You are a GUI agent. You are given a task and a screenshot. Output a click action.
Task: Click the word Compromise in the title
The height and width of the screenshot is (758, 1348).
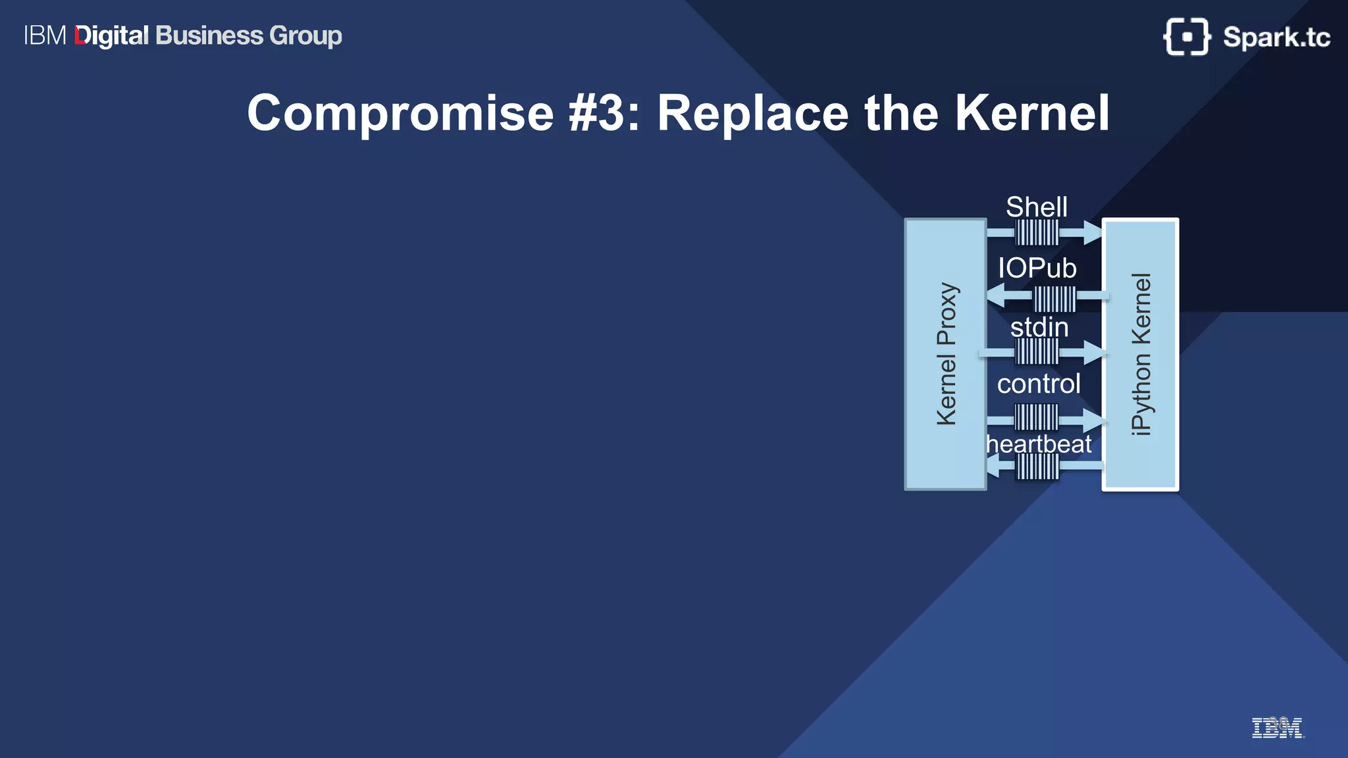400,113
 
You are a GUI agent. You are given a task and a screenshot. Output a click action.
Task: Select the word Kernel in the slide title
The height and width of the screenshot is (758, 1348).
1032,113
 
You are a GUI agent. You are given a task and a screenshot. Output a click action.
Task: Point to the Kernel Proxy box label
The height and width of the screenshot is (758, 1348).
946,354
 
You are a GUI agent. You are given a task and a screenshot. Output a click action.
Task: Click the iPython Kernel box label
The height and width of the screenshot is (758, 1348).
1141,354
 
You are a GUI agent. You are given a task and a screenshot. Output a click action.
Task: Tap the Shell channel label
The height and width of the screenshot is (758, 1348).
1037,207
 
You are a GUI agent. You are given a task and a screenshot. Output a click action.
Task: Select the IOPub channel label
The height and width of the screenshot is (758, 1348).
1037,268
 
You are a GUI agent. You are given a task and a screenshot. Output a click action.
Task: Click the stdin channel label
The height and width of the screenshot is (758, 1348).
1039,327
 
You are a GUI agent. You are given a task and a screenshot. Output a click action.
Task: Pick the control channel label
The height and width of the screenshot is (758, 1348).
1039,384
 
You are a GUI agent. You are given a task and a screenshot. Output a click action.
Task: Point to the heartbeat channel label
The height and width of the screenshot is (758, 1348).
1039,444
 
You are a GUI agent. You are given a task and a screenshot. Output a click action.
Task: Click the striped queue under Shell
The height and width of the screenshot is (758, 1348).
1037,232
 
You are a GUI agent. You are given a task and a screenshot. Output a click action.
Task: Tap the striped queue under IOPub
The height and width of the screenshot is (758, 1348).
1054,299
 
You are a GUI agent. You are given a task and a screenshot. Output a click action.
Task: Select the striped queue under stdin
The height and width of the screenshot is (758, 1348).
1037,351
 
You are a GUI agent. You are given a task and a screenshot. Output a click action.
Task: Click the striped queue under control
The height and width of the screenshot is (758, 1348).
1037,417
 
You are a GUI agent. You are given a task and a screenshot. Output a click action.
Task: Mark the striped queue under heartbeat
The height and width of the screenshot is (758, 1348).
1037,467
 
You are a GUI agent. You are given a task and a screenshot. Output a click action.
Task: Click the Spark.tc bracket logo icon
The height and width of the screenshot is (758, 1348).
1187,37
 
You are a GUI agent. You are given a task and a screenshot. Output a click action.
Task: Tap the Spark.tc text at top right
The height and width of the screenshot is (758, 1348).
1276,38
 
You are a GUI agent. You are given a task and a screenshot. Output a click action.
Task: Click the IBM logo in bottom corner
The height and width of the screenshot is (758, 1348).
1277,728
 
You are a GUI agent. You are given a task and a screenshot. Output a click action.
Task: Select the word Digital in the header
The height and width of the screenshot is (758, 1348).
112,36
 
